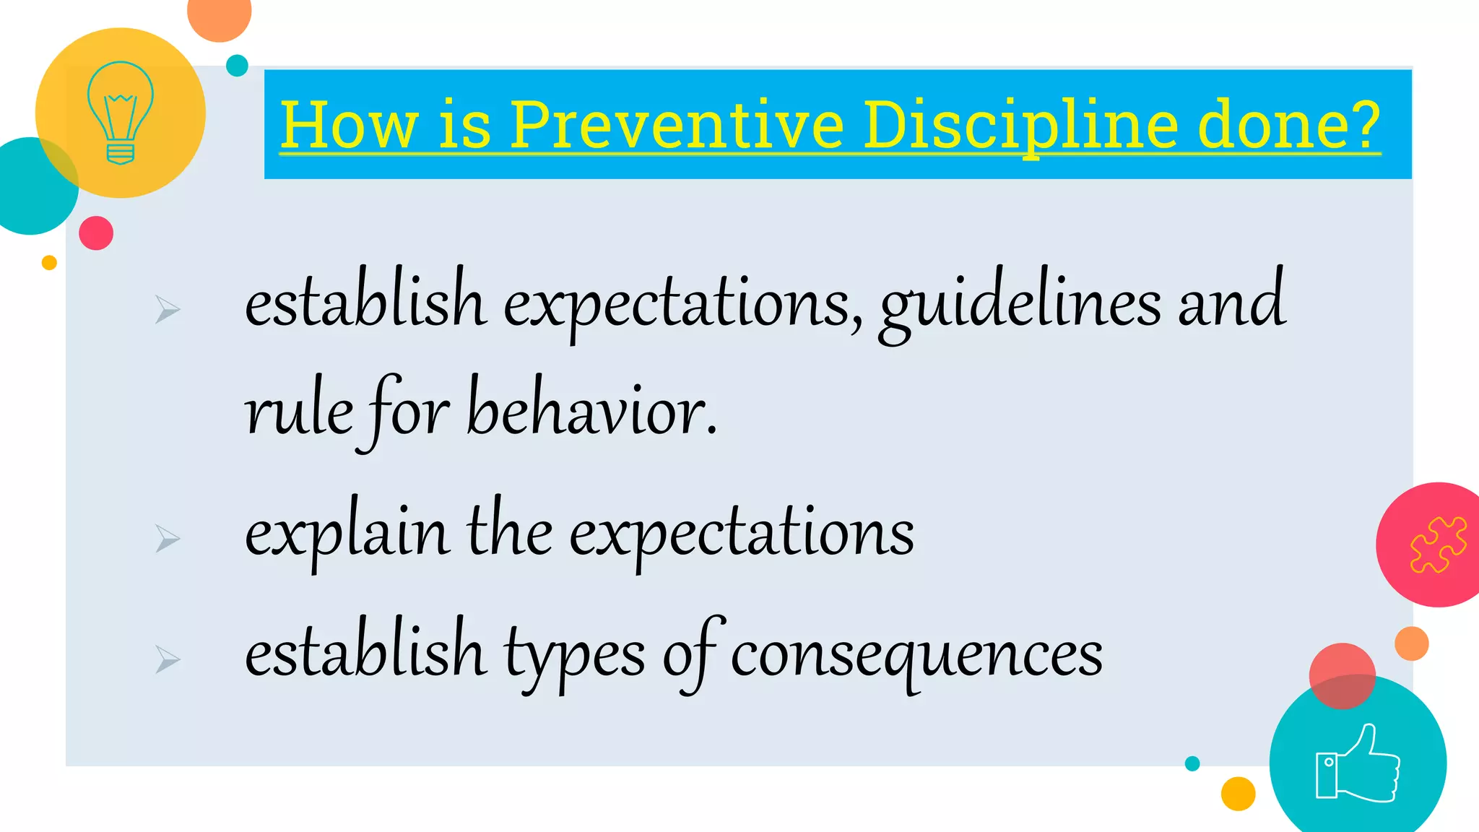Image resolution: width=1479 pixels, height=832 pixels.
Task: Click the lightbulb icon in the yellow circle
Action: [x=120, y=112]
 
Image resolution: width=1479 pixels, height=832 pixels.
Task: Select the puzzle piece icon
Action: [x=1438, y=545]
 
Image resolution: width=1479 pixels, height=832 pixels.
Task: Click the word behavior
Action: [x=592, y=412]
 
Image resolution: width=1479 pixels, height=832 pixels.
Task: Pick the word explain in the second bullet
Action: [x=346, y=534]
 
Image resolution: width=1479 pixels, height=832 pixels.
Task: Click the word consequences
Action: [x=916, y=654]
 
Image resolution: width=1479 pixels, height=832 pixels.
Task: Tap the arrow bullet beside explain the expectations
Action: [x=168, y=539]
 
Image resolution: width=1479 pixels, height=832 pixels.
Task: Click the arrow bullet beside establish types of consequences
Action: [x=168, y=659]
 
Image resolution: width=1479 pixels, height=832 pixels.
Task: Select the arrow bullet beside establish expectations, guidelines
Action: [x=168, y=310]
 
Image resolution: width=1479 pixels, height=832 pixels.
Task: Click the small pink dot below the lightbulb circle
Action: [x=96, y=233]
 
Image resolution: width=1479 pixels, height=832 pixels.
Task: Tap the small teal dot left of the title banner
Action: [x=237, y=66]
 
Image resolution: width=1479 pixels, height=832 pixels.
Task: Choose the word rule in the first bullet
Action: [x=298, y=412]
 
